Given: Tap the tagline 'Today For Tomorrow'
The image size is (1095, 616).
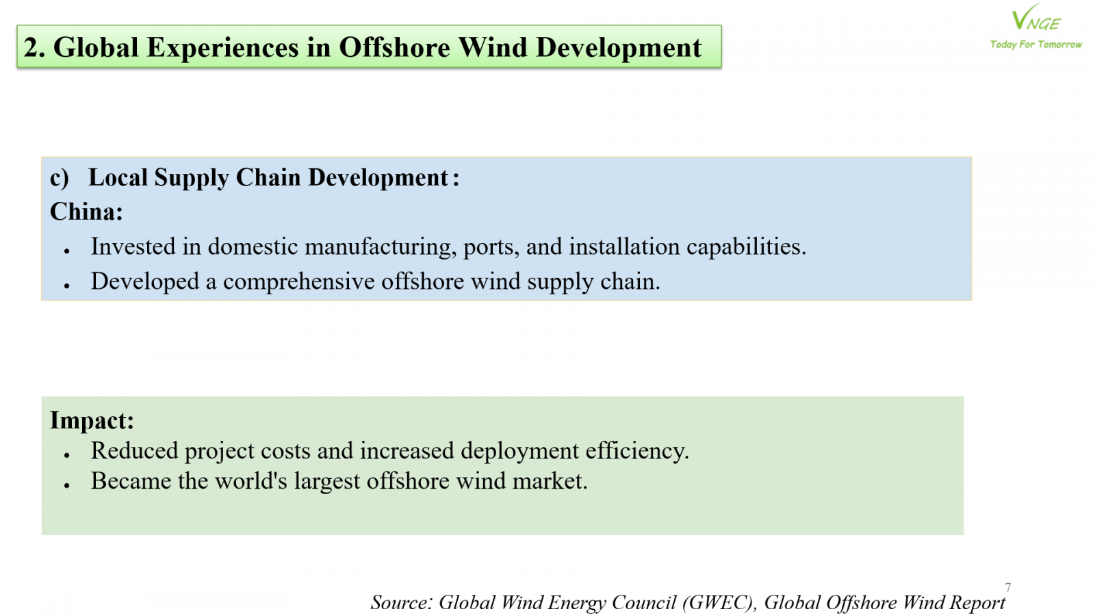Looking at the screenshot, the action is point(1036,44).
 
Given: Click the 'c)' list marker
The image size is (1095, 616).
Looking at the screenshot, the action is point(60,177).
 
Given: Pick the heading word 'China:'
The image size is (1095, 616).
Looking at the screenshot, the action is point(86,211).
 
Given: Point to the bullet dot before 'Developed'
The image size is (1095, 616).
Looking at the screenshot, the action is point(67,286).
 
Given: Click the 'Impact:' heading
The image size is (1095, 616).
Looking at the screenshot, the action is point(92,420).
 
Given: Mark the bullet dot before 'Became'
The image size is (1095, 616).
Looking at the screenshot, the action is point(67,485).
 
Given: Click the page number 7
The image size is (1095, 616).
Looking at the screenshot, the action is point(1008,587).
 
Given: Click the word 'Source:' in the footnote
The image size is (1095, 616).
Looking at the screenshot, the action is point(402,603).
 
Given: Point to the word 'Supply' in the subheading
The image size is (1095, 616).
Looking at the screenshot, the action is point(192,178).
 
